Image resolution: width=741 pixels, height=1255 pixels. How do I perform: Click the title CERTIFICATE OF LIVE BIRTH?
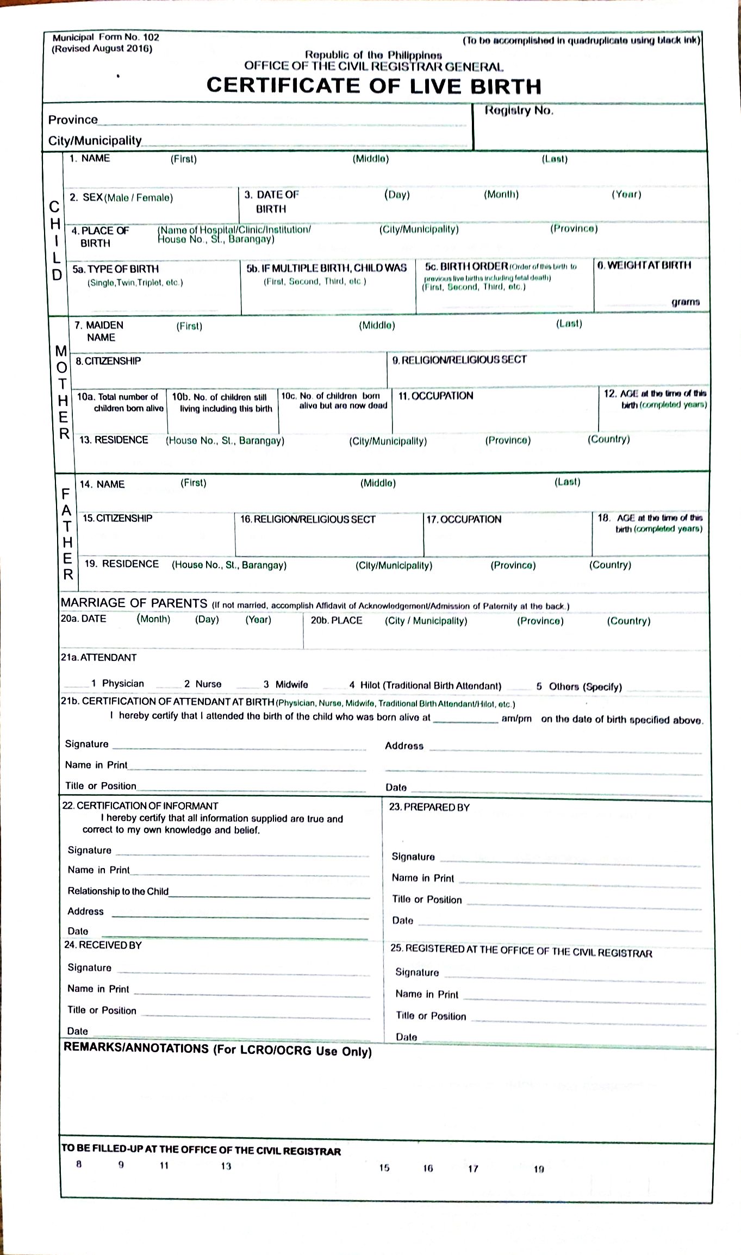pyautogui.click(x=373, y=86)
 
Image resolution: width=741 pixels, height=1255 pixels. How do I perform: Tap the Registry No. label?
pyautogui.click(x=519, y=110)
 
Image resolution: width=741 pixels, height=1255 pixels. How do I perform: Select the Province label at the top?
pyautogui.click(x=73, y=120)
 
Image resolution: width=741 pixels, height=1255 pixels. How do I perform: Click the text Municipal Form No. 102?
pyautogui.click(x=105, y=38)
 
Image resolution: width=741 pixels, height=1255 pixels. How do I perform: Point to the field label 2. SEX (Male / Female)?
pyautogui.click(x=121, y=197)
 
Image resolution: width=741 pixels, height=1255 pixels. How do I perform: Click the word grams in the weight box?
pyautogui.click(x=685, y=302)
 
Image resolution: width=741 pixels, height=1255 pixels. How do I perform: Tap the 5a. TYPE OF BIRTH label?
pyautogui.click(x=115, y=269)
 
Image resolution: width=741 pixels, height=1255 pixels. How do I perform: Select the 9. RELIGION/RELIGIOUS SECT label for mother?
pyautogui.click(x=459, y=360)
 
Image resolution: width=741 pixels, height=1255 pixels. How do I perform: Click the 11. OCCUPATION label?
pyautogui.click(x=435, y=396)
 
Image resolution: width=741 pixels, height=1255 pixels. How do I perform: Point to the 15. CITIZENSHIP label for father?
pyautogui.click(x=117, y=518)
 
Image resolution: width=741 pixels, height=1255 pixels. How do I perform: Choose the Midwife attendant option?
pyautogui.click(x=291, y=684)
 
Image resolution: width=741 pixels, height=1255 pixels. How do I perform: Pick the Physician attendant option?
pyautogui.click(x=122, y=683)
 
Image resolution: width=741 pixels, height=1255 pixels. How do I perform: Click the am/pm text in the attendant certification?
pyautogui.click(x=516, y=719)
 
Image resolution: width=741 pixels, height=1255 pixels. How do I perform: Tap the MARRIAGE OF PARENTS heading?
pyautogui.click(x=134, y=603)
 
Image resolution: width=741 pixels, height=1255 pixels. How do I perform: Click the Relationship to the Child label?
pyautogui.click(x=118, y=891)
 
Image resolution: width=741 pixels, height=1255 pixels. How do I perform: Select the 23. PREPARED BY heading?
pyautogui.click(x=429, y=807)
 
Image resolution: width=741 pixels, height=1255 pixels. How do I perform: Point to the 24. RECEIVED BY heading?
pyautogui.click(x=103, y=945)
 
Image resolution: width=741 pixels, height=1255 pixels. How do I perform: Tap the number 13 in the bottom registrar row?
pyautogui.click(x=226, y=1166)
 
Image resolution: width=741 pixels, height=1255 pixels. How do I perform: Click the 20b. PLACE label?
pyautogui.click(x=336, y=620)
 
